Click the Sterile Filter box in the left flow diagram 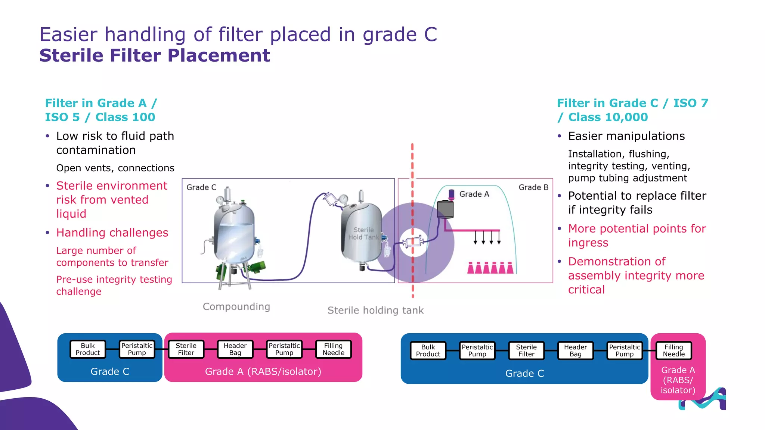[x=186, y=349]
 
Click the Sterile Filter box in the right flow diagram [x=526, y=351]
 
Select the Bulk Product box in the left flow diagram [x=88, y=349]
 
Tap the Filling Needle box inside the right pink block [x=673, y=351]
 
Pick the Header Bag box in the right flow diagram [x=575, y=351]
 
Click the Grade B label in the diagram [x=533, y=187]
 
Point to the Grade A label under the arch [x=474, y=194]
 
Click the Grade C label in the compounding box [x=201, y=187]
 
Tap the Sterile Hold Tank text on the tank [x=363, y=234]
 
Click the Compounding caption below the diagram [x=236, y=307]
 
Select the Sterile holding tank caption [x=375, y=311]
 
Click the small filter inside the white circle [x=413, y=243]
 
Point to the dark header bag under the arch [x=445, y=209]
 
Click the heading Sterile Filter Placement [x=154, y=56]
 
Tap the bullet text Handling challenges [x=112, y=233]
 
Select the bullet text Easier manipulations [x=626, y=136]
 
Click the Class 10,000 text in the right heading [x=608, y=117]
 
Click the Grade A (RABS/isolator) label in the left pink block [x=263, y=372]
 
